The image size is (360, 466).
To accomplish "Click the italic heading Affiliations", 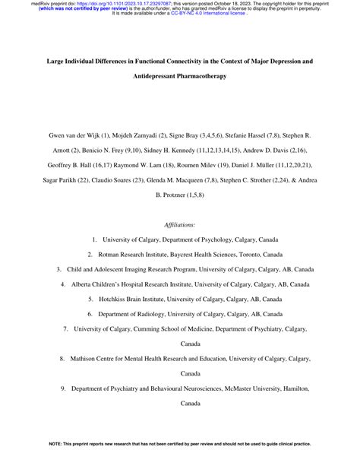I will point(179,225).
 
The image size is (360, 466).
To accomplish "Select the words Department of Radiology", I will point(137,314).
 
